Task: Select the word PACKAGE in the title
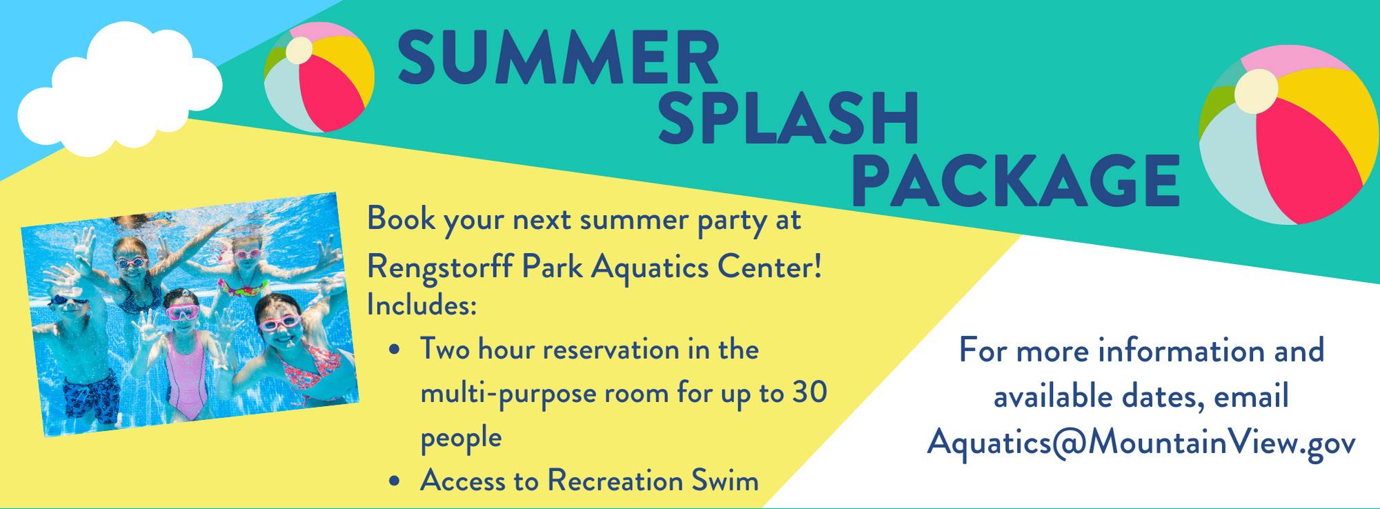1015,181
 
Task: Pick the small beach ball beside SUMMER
319,77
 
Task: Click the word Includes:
422,306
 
